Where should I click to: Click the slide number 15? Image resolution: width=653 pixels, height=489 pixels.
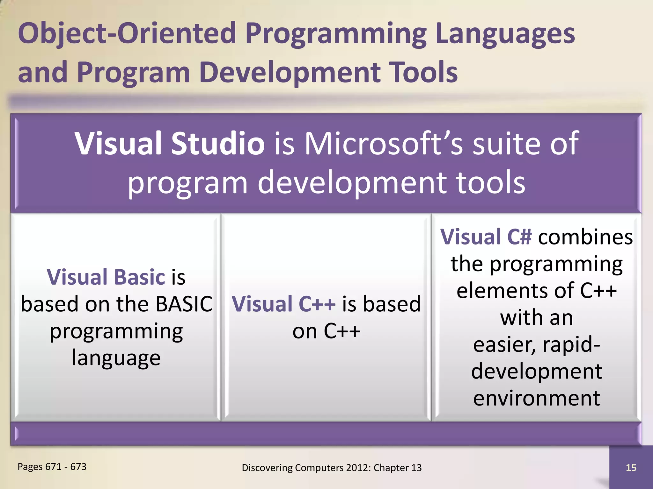tap(631, 468)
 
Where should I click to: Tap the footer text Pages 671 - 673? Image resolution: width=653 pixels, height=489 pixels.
tap(52, 467)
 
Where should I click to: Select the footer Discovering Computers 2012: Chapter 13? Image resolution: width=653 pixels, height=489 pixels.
tap(332, 468)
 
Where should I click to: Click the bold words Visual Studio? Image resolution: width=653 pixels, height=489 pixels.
tap(170, 144)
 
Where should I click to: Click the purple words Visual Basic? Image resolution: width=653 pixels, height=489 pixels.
tap(106, 277)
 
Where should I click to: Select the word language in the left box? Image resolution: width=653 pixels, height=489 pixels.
tap(116, 358)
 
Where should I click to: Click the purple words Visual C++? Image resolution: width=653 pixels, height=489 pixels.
tap(283, 304)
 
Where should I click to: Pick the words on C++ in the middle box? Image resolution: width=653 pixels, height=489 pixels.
tap(326, 331)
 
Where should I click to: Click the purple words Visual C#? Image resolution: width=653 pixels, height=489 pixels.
tap(486, 237)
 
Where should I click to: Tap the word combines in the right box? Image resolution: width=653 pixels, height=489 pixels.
tap(585, 237)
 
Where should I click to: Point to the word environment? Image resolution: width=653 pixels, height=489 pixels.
tap(537, 398)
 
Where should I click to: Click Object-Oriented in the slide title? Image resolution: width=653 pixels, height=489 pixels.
tap(127, 33)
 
